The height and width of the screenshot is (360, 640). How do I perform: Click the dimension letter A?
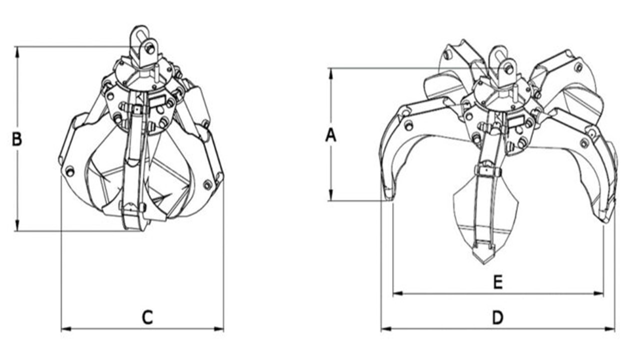pos(331,135)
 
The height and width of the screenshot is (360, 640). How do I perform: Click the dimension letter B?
pos(16,139)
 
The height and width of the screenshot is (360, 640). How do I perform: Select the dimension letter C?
pos(147,317)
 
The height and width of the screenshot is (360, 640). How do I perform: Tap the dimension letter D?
pos(497,317)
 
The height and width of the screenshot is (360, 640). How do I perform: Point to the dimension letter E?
pos(498,282)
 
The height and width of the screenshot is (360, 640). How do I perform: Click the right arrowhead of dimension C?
pos(219,329)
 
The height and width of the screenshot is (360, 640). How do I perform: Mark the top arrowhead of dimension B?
pos(17,51)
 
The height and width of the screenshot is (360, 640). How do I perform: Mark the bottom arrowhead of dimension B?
pos(17,225)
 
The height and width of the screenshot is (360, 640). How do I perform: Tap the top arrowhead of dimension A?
pos(331,73)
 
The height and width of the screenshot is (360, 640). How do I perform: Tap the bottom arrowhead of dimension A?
pos(331,195)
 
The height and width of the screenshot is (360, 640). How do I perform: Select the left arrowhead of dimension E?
pos(398,293)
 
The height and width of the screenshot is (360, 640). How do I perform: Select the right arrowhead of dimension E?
pos(598,293)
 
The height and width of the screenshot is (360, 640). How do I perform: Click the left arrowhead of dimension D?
pos(386,329)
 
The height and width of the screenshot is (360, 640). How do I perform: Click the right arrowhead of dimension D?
pos(610,329)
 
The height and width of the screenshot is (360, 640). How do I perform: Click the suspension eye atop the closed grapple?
pos(139,33)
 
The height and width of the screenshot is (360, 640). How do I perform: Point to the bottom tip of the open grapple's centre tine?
pos(484,263)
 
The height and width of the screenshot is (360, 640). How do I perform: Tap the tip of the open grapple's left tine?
pos(388,199)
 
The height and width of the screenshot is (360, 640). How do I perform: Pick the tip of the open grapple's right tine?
pos(605,221)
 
